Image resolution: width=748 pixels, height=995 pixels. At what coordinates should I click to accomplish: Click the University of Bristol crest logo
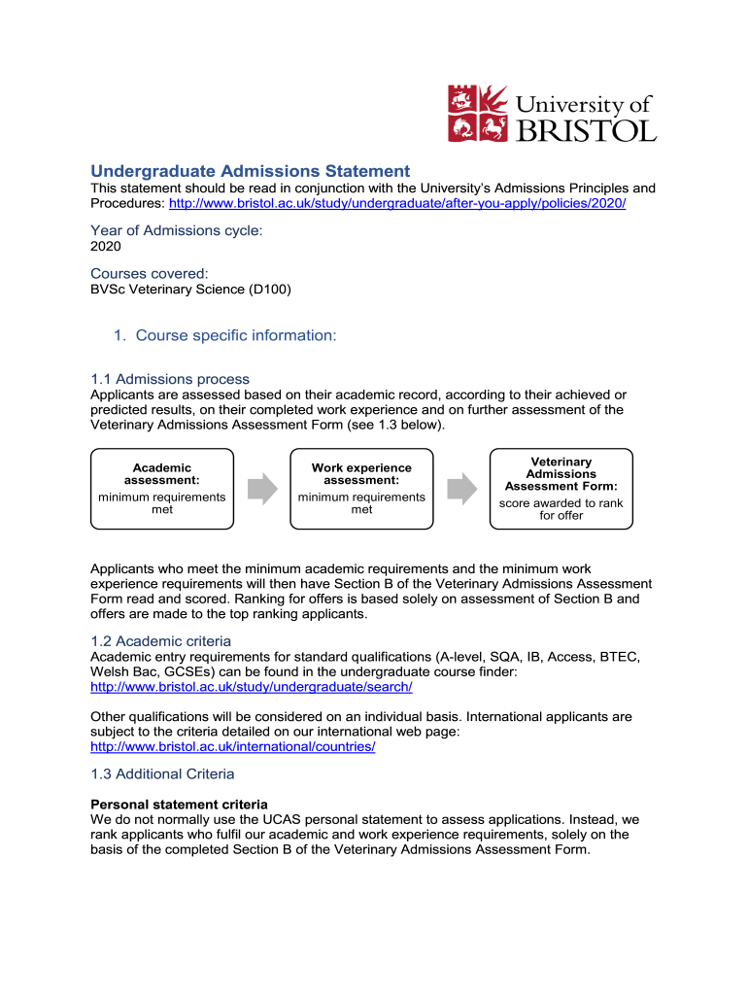click(x=478, y=113)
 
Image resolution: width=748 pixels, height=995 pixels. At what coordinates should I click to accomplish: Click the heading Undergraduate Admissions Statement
click(x=251, y=170)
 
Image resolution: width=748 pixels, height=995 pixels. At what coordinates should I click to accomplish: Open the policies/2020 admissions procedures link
click(x=397, y=203)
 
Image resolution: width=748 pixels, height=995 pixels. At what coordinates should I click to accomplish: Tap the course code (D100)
click(x=269, y=289)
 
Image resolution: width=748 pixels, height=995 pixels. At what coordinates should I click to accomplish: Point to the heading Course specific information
click(x=236, y=335)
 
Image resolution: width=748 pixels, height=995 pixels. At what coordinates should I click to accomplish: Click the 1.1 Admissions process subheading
click(x=170, y=379)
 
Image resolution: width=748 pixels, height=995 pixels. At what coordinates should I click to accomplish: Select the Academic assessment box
click(x=162, y=489)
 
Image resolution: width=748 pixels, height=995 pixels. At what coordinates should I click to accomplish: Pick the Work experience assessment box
click(x=361, y=489)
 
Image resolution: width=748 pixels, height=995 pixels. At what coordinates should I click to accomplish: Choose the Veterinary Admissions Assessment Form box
click(x=561, y=489)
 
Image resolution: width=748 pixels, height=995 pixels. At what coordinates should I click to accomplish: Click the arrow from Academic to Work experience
click(x=262, y=489)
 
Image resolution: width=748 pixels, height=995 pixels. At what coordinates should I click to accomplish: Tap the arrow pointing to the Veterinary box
click(x=461, y=489)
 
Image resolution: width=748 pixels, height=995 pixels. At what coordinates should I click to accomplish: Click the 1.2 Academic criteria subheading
click(x=161, y=641)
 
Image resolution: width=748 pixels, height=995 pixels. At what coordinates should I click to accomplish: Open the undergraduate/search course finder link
click(x=252, y=686)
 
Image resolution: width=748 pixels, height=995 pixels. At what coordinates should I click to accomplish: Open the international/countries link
click(x=232, y=746)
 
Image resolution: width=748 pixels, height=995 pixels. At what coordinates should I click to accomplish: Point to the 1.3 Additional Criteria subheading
click(x=162, y=773)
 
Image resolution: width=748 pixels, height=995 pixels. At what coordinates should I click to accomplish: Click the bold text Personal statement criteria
click(x=179, y=805)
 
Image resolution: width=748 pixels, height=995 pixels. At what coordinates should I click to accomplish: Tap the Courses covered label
click(x=150, y=274)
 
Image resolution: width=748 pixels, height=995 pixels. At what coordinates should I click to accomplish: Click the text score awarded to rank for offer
click(x=561, y=509)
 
